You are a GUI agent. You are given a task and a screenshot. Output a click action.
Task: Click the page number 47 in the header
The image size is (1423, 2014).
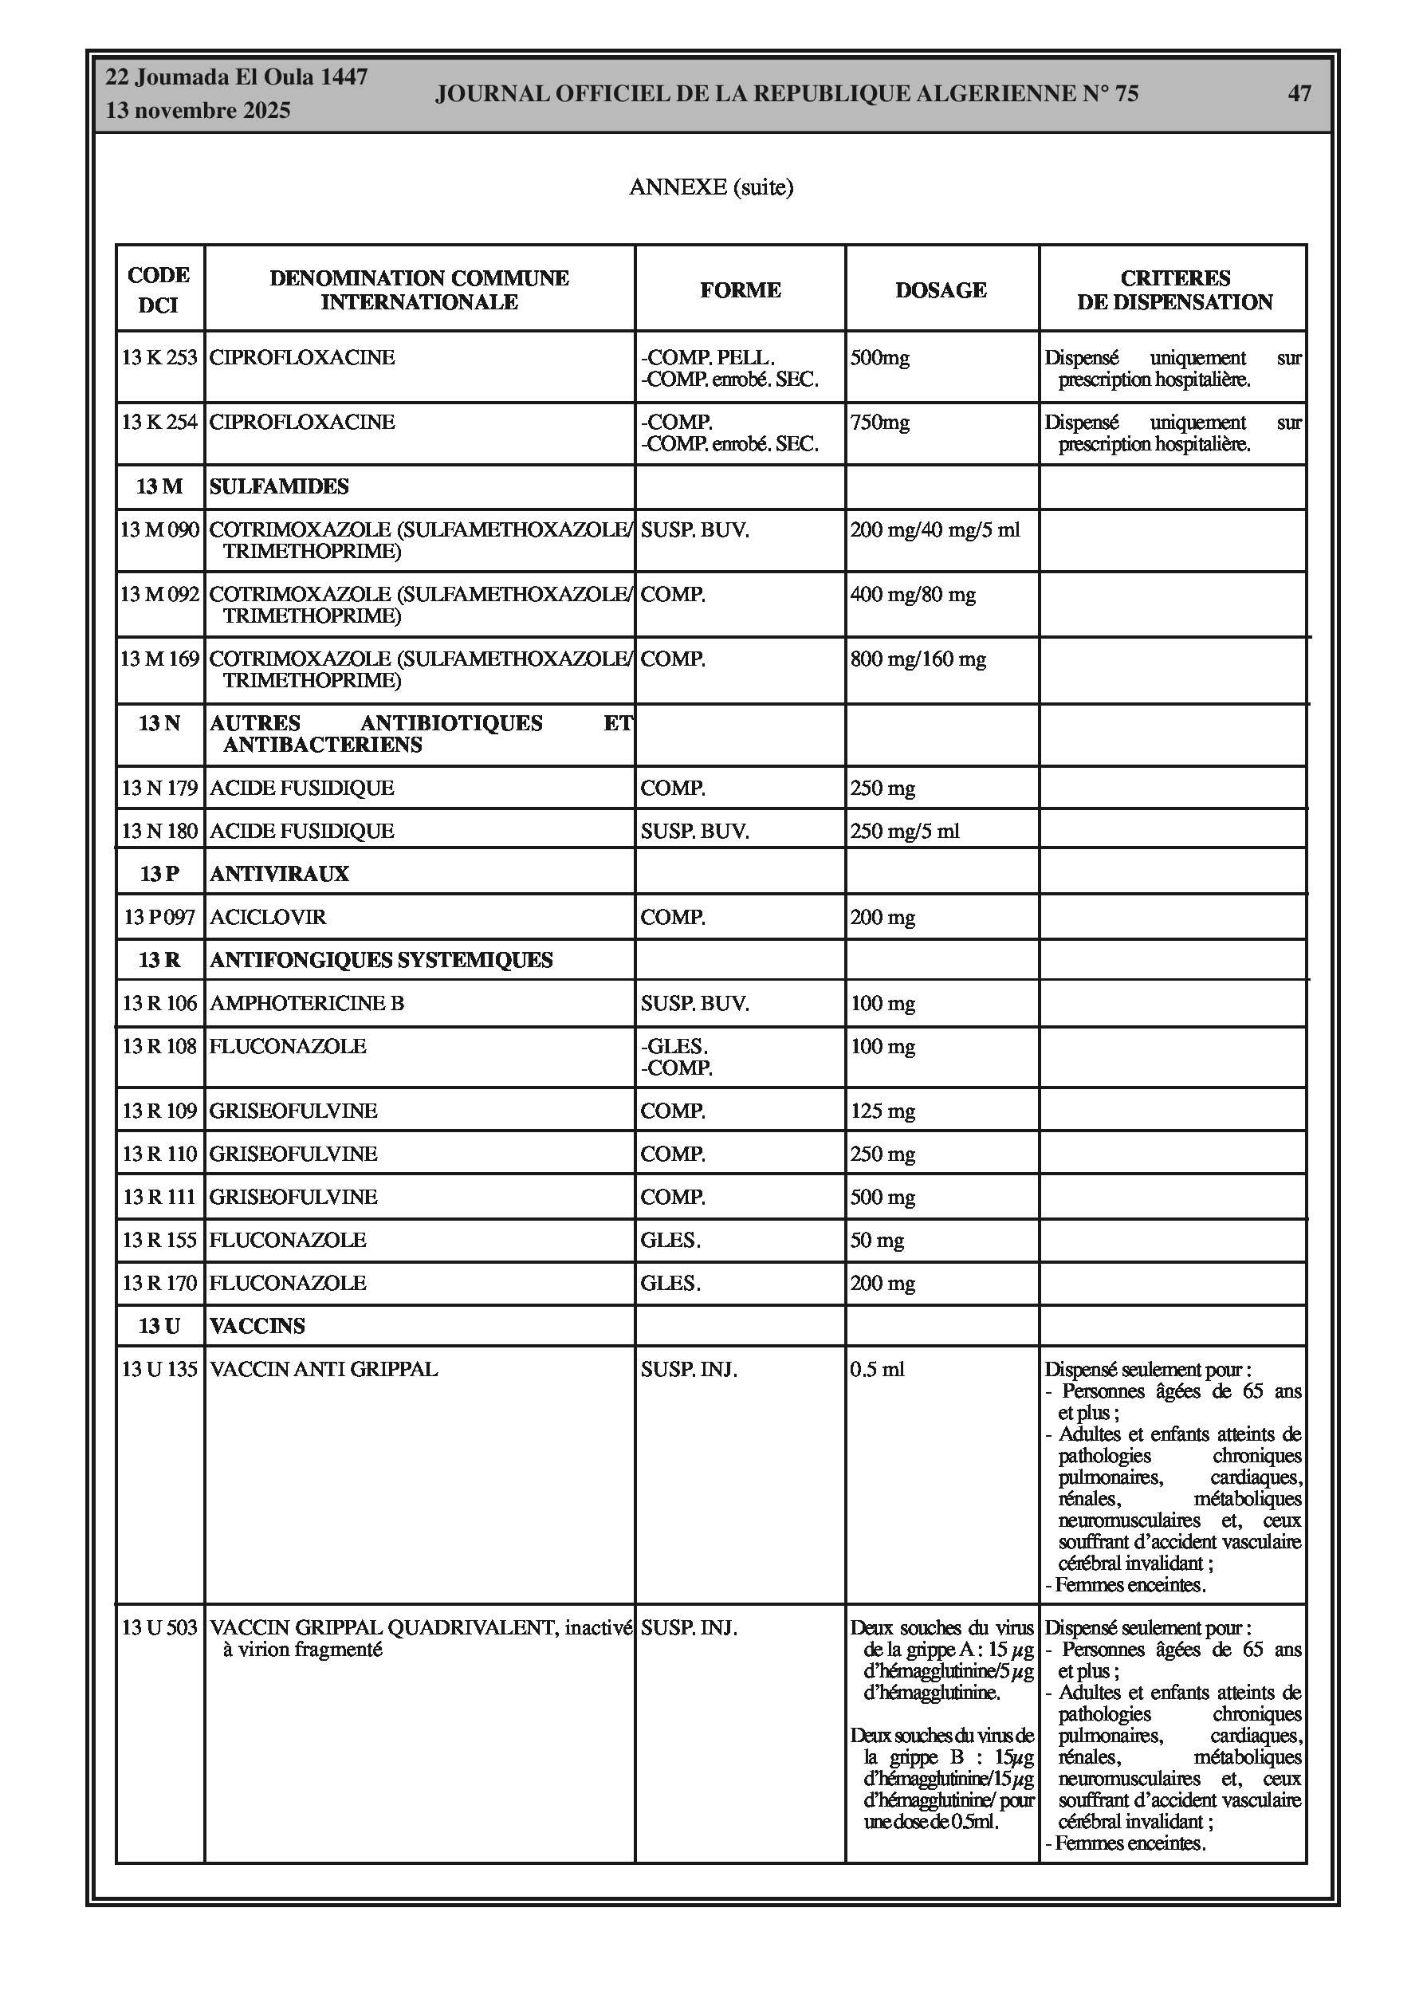(1299, 94)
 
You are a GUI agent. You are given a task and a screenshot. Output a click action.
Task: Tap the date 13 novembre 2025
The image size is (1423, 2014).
(198, 112)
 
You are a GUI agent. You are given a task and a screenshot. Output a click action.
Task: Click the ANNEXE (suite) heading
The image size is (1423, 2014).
(710, 187)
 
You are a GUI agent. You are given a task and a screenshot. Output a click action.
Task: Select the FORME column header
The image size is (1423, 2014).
(740, 290)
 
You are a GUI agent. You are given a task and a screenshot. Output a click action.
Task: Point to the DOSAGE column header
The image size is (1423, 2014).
(941, 290)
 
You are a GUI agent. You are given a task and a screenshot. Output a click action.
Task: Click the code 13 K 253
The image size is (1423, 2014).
(159, 358)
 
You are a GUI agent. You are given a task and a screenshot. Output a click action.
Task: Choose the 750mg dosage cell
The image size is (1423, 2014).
(880, 423)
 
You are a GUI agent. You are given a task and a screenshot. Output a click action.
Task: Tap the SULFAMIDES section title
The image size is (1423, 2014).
(279, 487)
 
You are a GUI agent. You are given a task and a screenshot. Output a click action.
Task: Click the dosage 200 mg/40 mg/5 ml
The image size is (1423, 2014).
(935, 530)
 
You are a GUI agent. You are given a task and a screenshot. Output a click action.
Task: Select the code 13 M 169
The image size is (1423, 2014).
(159, 659)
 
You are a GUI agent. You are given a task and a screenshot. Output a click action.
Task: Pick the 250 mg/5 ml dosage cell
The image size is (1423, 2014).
(905, 831)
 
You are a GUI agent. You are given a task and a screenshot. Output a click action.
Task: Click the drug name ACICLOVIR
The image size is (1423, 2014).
(268, 918)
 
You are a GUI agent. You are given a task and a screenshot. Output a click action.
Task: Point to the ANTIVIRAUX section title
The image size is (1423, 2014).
(279, 874)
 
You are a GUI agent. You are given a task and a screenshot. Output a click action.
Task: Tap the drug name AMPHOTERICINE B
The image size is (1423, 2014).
(306, 1004)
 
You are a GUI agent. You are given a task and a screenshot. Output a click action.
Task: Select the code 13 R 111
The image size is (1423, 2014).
(159, 1198)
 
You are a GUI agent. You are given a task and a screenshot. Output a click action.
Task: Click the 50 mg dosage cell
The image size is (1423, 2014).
(877, 1241)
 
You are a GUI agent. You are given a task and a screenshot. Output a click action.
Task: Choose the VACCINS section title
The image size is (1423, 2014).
(257, 1326)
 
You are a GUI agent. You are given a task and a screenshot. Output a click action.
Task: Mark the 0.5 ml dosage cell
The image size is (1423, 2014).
(877, 1369)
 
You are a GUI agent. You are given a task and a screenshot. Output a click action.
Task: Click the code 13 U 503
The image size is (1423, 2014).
(159, 1628)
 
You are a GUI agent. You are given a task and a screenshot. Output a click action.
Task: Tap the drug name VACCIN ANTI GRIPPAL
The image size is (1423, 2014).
(323, 1369)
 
